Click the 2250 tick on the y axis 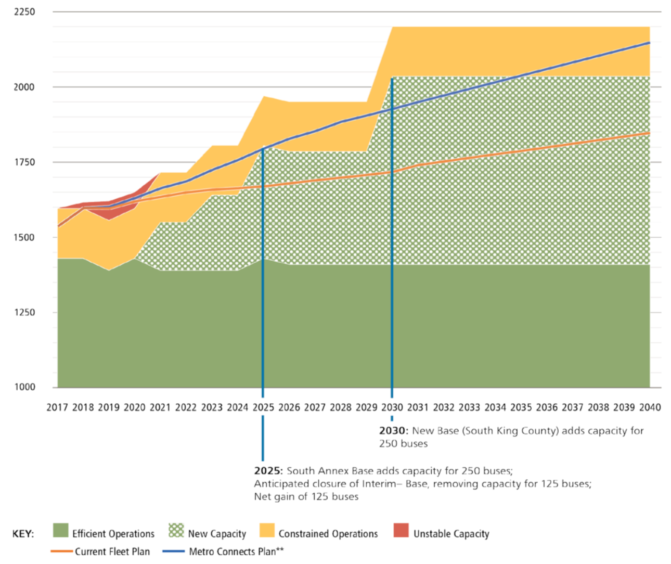point(24,11)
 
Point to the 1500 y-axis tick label point(24,237)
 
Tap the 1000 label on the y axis point(24,387)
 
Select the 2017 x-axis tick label point(57,407)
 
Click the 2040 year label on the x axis point(650,407)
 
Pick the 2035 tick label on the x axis point(521,407)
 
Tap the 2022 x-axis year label point(186,407)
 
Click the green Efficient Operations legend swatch point(61,530)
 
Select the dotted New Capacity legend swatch point(176,530)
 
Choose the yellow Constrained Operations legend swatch point(267,530)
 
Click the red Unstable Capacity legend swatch point(401,530)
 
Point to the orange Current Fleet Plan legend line point(61,552)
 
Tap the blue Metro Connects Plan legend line point(174,552)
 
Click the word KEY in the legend point(23,534)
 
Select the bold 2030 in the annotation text point(392,431)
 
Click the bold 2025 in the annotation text point(267,471)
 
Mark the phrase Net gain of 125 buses point(306,496)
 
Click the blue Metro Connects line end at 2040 point(649,43)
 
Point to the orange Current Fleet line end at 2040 point(649,133)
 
